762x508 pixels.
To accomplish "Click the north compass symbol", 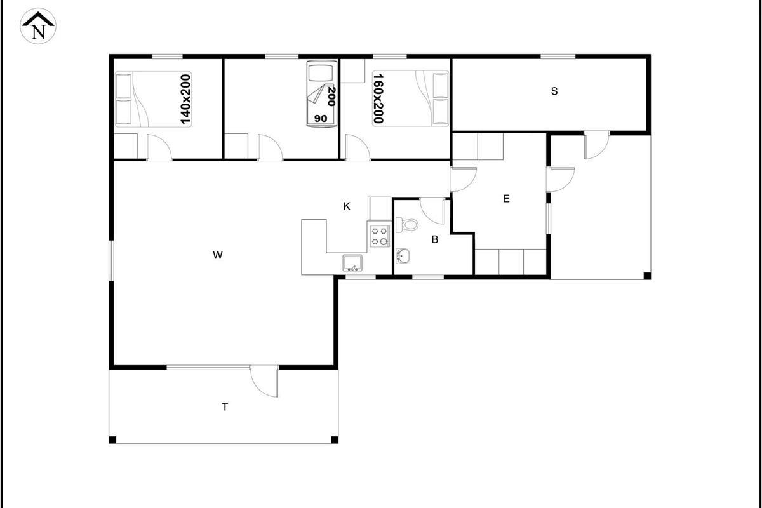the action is click(x=38, y=26).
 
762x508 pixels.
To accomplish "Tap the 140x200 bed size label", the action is click(x=185, y=99).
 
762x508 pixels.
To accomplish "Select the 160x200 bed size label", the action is click(x=378, y=98).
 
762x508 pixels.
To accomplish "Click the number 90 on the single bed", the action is click(x=321, y=118).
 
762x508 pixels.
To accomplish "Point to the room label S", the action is click(x=554, y=91).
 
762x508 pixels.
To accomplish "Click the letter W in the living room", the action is click(x=218, y=255).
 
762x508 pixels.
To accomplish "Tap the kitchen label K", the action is click(x=347, y=206).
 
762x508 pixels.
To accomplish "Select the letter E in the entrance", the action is click(x=506, y=199).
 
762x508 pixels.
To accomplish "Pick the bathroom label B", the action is click(x=435, y=239).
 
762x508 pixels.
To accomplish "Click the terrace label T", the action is click(x=225, y=406).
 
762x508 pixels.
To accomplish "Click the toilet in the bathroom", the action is click(x=407, y=225).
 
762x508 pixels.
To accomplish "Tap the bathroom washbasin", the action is click(x=403, y=256).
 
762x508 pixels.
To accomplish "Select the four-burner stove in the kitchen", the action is click(x=379, y=236).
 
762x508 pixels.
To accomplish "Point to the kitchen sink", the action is click(x=353, y=263).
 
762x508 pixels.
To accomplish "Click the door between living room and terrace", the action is click(x=265, y=382).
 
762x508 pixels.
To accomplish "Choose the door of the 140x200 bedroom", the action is click(x=159, y=147).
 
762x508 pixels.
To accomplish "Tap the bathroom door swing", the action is click(x=432, y=211).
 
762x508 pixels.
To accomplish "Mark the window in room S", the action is click(x=558, y=56).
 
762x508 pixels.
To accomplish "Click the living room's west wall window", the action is click(x=111, y=260).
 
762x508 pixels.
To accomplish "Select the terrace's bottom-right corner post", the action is click(x=335, y=439).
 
